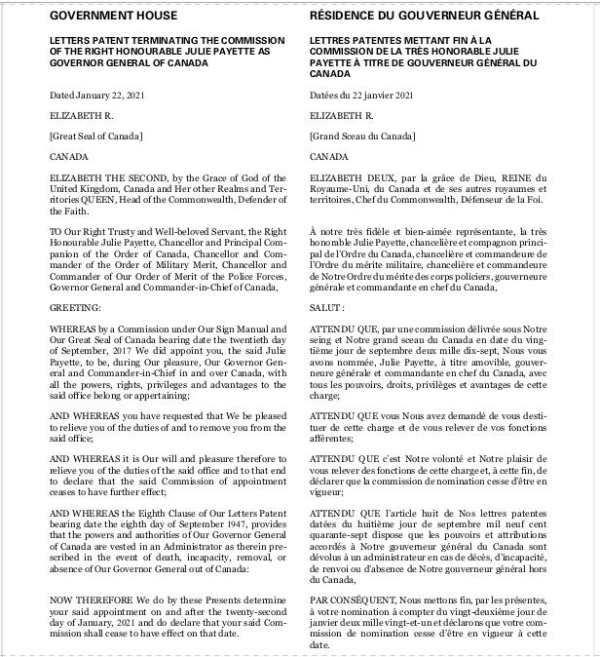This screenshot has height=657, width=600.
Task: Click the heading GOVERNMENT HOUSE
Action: point(113,16)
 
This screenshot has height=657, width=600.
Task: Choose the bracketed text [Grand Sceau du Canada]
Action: point(361,135)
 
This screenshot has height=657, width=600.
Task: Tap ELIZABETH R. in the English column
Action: point(79,115)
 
